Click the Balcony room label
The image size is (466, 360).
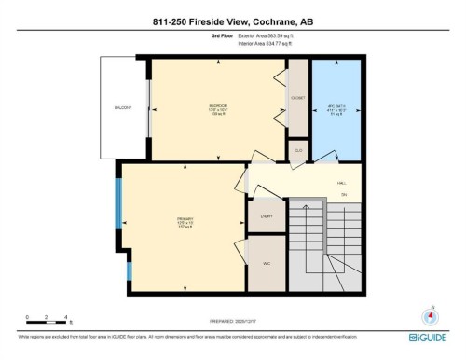(x=122, y=108)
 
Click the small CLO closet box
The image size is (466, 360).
(x=298, y=149)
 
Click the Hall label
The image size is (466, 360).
(x=342, y=183)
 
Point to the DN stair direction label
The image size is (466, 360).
(x=343, y=195)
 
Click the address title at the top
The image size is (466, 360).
(x=232, y=23)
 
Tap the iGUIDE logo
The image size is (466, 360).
(x=428, y=338)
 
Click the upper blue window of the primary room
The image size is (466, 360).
(x=118, y=202)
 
